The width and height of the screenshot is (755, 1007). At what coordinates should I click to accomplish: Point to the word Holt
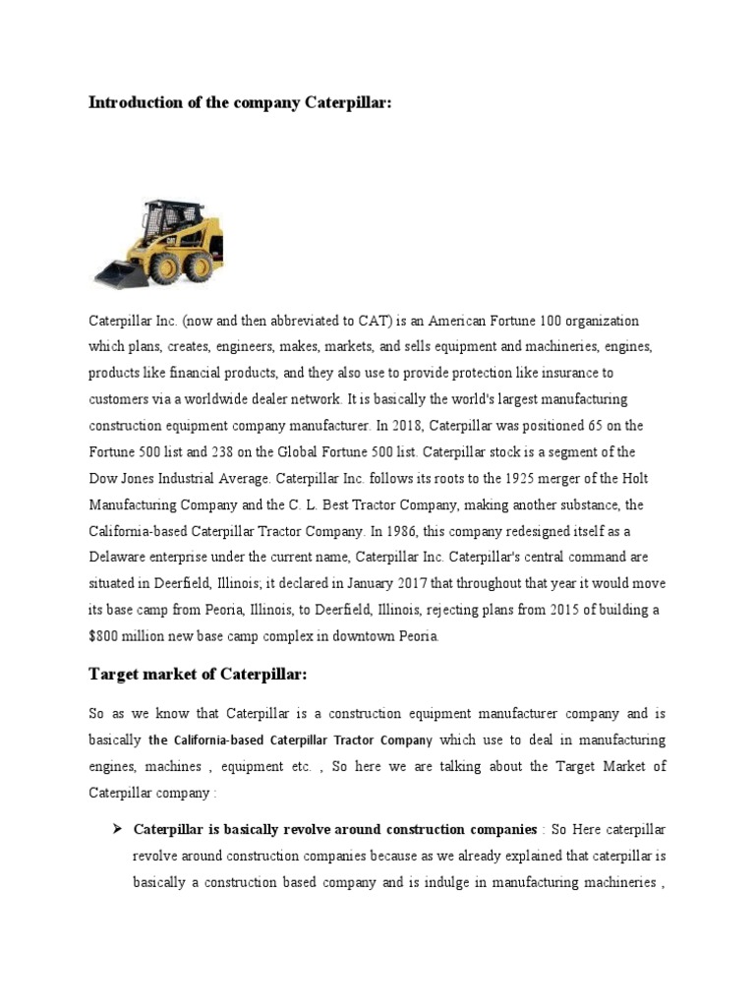[x=635, y=478]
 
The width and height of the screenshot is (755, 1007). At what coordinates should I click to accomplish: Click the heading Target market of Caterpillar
[x=198, y=674]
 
